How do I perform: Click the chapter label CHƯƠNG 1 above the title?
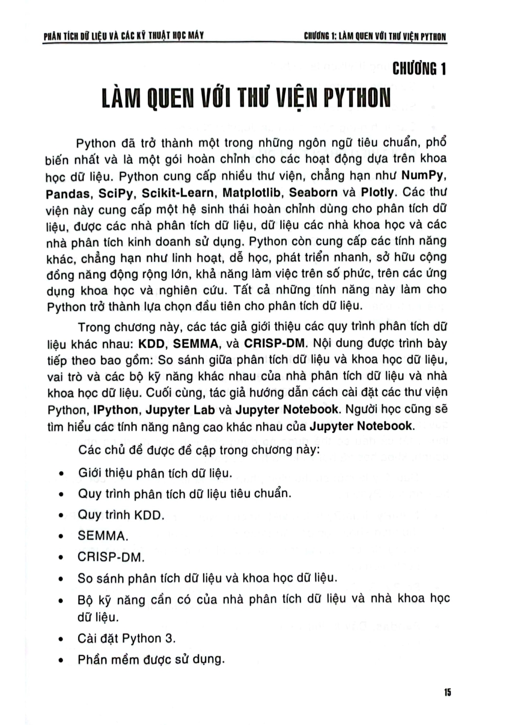[419, 70]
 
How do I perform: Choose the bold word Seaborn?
[313, 192]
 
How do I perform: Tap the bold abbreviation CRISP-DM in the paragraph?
[275, 344]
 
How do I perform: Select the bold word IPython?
[116, 410]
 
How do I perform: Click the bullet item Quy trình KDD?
[121, 515]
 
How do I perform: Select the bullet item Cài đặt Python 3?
[127, 638]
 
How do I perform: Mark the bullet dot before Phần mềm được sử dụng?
[61, 661]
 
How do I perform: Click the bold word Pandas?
[68, 193]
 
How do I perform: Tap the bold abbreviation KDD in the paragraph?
[152, 344]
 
